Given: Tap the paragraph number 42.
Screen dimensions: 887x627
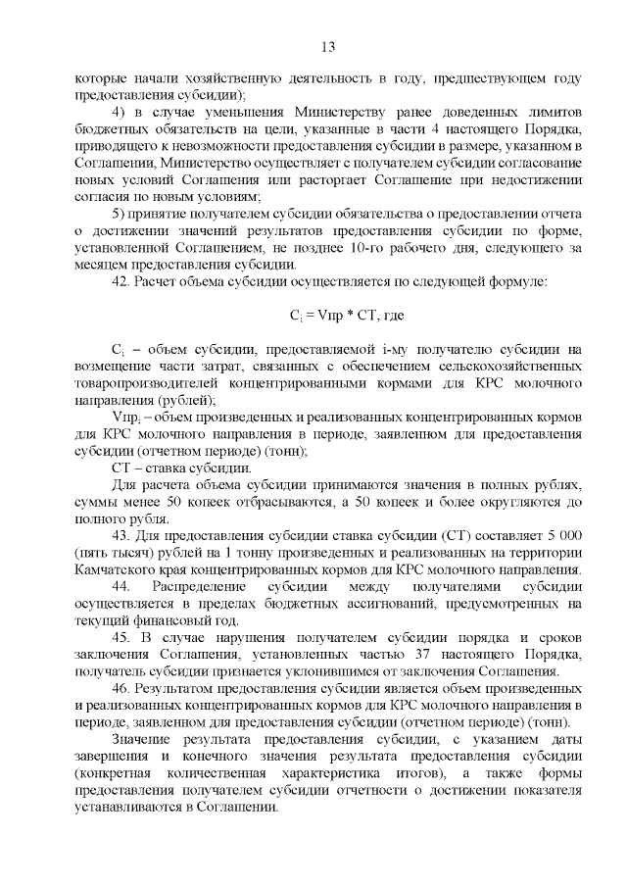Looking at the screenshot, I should pyautogui.click(x=121, y=281).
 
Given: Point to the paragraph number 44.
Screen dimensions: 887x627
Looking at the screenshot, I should pyautogui.click(x=122, y=585).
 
